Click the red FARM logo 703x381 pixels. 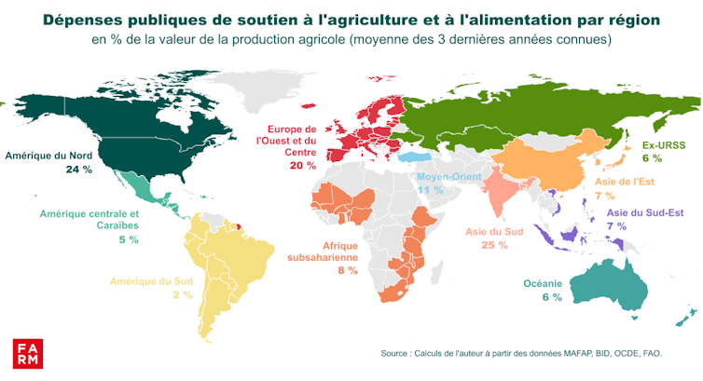(x=25, y=353)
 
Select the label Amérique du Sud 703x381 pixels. (x=151, y=280)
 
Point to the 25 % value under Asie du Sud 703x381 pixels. (x=493, y=245)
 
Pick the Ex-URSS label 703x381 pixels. (x=663, y=146)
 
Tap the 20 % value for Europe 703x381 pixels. (x=303, y=165)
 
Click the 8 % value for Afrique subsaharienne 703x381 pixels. (x=348, y=270)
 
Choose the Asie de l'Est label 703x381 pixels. (x=619, y=183)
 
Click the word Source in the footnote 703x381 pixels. (x=398, y=353)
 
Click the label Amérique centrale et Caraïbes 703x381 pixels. (x=89, y=220)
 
